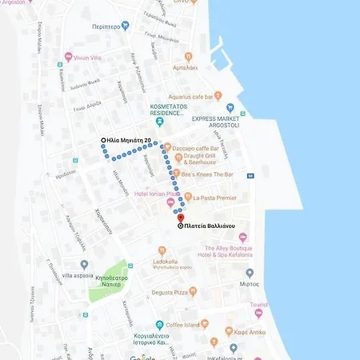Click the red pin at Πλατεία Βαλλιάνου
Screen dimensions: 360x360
181,218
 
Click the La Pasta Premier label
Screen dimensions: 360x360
214,197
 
